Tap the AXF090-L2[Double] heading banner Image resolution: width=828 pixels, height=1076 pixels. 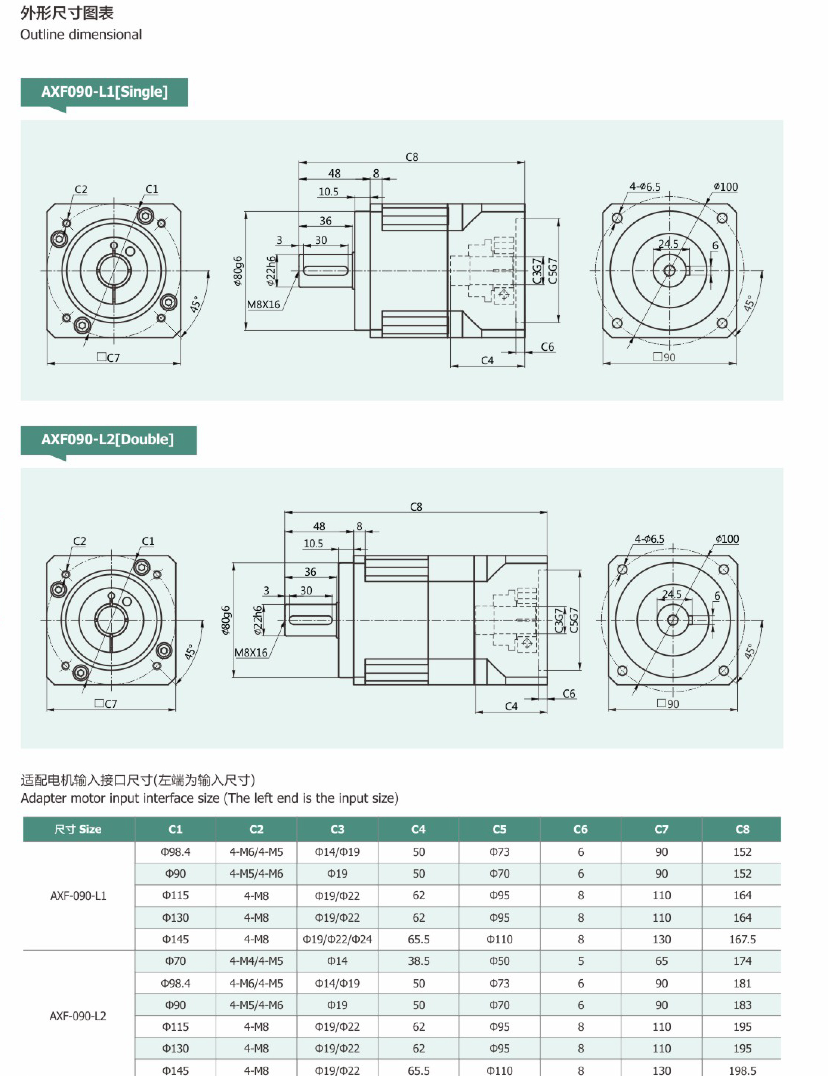click(x=108, y=439)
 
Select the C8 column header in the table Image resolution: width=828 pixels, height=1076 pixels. click(x=742, y=829)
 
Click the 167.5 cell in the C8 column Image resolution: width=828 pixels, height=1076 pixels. click(x=742, y=939)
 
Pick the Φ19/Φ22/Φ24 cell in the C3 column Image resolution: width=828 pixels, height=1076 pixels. click(x=337, y=939)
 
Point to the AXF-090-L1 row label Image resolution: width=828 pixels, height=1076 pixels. click(x=78, y=896)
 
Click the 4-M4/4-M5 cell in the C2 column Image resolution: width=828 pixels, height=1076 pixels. click(x=256, y=961)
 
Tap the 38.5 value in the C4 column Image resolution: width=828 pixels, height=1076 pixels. click(x=418, y=961)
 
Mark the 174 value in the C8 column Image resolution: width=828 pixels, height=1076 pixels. click(x=742, y=961)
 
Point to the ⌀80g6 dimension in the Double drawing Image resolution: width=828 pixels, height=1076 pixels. click(x=226, y=620)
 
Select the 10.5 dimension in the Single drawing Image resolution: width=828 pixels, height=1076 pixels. click(x=328, y=192)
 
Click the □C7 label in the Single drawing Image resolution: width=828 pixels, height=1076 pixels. click(x=108, y=358)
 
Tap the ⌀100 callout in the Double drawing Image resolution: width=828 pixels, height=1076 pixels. click(x=727, y=539)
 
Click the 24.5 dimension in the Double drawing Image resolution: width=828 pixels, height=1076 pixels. click(x=672, y=594)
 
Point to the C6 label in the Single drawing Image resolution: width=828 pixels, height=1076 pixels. click(x=547, y=347)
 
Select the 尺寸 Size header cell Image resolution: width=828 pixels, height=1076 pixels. click(x=78, y=829)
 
